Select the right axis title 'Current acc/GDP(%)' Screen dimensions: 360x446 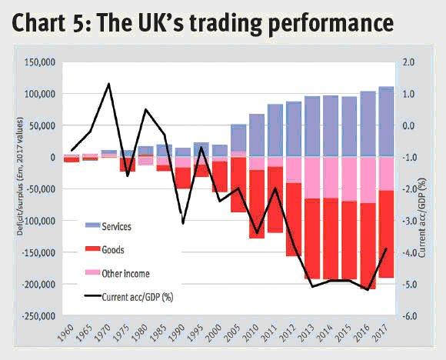434,188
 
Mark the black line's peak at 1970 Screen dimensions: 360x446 108,84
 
